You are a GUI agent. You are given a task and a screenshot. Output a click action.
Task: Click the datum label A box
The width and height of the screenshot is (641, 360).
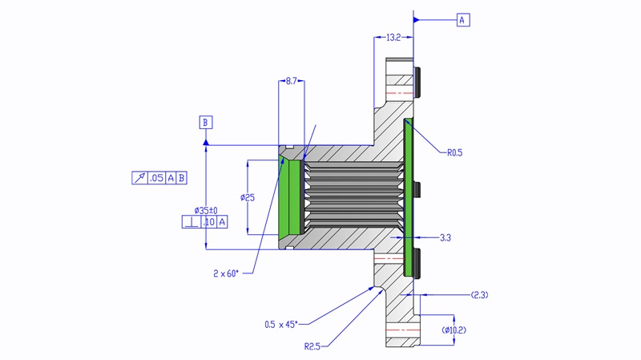[463, 20]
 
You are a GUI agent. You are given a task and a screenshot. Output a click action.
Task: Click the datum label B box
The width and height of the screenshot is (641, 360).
[207, 123]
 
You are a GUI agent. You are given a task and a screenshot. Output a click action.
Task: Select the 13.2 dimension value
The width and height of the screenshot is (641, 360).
[393, 38]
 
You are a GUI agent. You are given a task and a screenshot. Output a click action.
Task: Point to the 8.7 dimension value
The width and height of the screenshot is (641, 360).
[292, 82]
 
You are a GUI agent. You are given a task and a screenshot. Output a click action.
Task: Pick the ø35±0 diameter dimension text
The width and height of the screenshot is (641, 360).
[206, 210]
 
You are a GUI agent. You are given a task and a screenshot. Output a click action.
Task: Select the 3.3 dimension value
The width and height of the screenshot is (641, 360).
[446, 238]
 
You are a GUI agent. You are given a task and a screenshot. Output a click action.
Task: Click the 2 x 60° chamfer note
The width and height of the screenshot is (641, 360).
[226, 273]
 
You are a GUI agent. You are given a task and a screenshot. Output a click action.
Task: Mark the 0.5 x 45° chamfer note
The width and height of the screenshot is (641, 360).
[280, 324]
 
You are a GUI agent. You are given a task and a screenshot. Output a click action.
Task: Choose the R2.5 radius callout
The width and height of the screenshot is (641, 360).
[314, 346]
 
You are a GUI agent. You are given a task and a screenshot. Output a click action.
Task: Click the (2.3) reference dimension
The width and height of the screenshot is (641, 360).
[479, 295]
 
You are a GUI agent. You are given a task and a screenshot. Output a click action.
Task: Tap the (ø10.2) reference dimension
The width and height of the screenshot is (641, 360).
[454, 330]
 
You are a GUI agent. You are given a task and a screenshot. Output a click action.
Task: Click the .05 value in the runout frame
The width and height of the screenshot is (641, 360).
[156, 178]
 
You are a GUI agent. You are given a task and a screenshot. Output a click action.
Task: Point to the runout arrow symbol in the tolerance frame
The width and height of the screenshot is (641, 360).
[139, 178]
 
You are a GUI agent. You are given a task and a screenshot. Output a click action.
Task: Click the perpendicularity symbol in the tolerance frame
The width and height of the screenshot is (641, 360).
[191, 221]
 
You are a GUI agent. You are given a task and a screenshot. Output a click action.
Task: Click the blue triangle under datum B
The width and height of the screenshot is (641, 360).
[207, 142]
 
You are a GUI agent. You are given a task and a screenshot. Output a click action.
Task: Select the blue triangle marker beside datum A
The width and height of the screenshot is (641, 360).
[417, 20]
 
